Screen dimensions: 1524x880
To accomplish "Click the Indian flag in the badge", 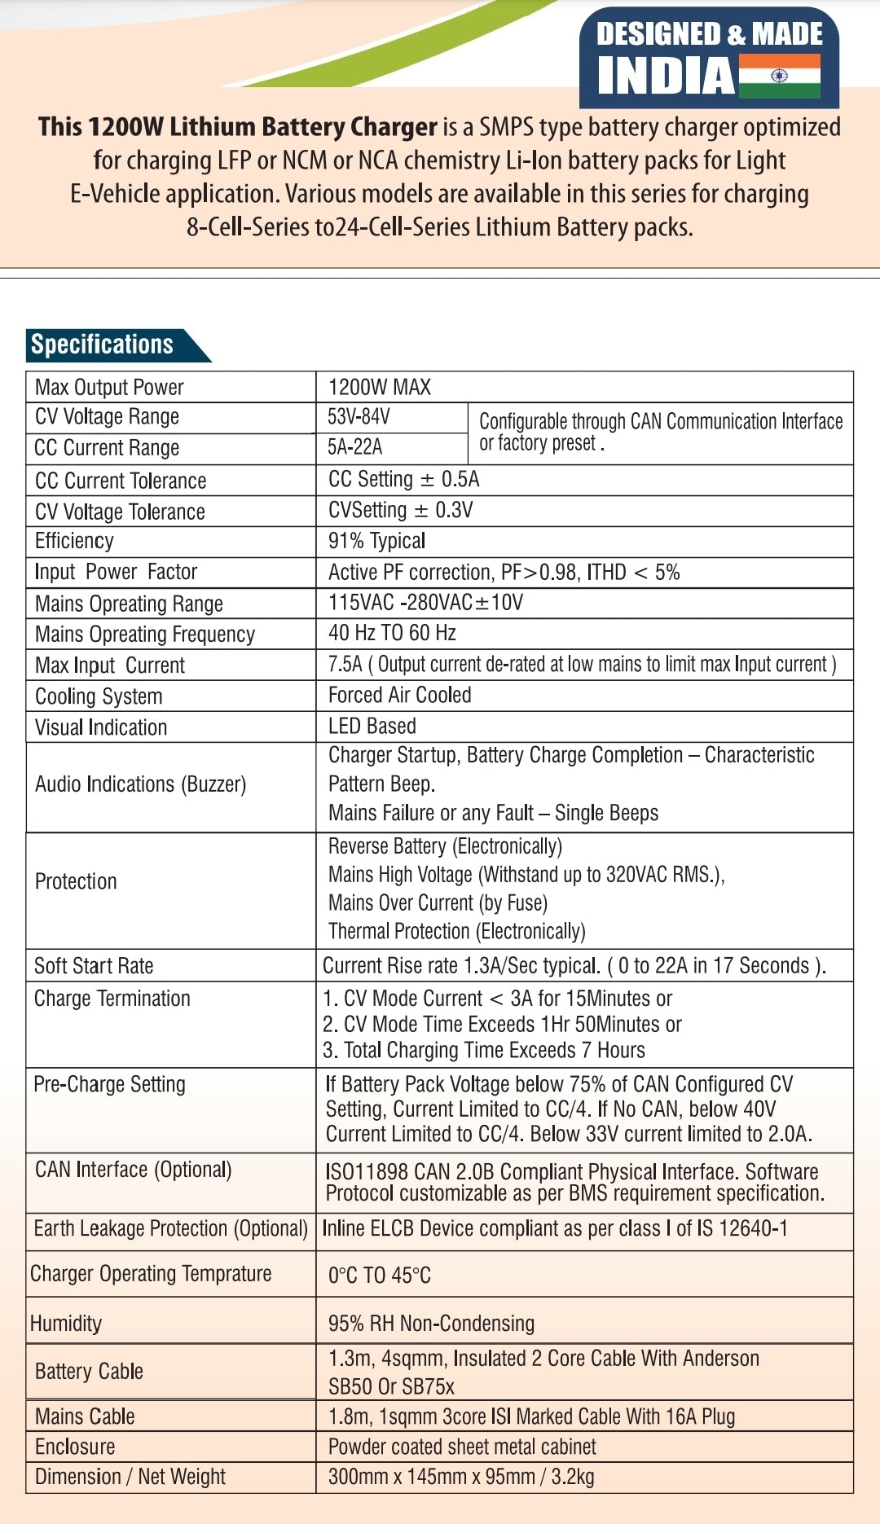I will pyautogui.click(x=779, y=76).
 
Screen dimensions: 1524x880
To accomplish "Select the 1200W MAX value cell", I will pyautogui.click(x=380, y=387).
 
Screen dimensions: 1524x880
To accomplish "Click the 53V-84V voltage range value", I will pyautogui.click(x=359, y=417).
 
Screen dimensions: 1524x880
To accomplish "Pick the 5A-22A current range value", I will pyautogui.click(x=354, y=447).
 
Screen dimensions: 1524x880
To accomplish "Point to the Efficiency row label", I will pyautogui.click(x=74, y=542).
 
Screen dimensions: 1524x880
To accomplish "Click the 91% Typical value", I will pyautogui.click(x=376, y=542).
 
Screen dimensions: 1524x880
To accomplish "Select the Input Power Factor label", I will pyautogui.click(x=116, y=573).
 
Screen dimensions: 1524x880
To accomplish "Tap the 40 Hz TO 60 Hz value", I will pyautogui.click(x=392, y=634).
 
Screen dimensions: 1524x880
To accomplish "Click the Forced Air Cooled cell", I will pyautogui.click(x=399, y=696).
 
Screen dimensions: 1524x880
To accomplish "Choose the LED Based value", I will pyautogui.click(x=372, y=727).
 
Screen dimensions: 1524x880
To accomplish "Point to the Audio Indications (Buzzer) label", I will pyautogui.click(x=140, y=784).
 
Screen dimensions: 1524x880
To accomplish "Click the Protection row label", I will pyautogui.click(x=76, y=882).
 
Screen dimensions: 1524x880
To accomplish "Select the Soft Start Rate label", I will pyautogui.click(x=94, y=966).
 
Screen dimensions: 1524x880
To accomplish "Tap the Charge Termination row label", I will pyautogui.click(x=112, y=999).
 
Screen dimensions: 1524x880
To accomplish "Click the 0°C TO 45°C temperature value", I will pyautogui.click(x=380, y=1276).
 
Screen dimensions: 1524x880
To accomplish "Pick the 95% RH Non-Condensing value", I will pyautogui.click(x=431, y=1324).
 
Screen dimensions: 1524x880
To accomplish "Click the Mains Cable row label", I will pyautogui.click(x=85, y=1416).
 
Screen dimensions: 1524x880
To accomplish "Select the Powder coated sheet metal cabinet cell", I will pyautogui.click(x=462, y=1447).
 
